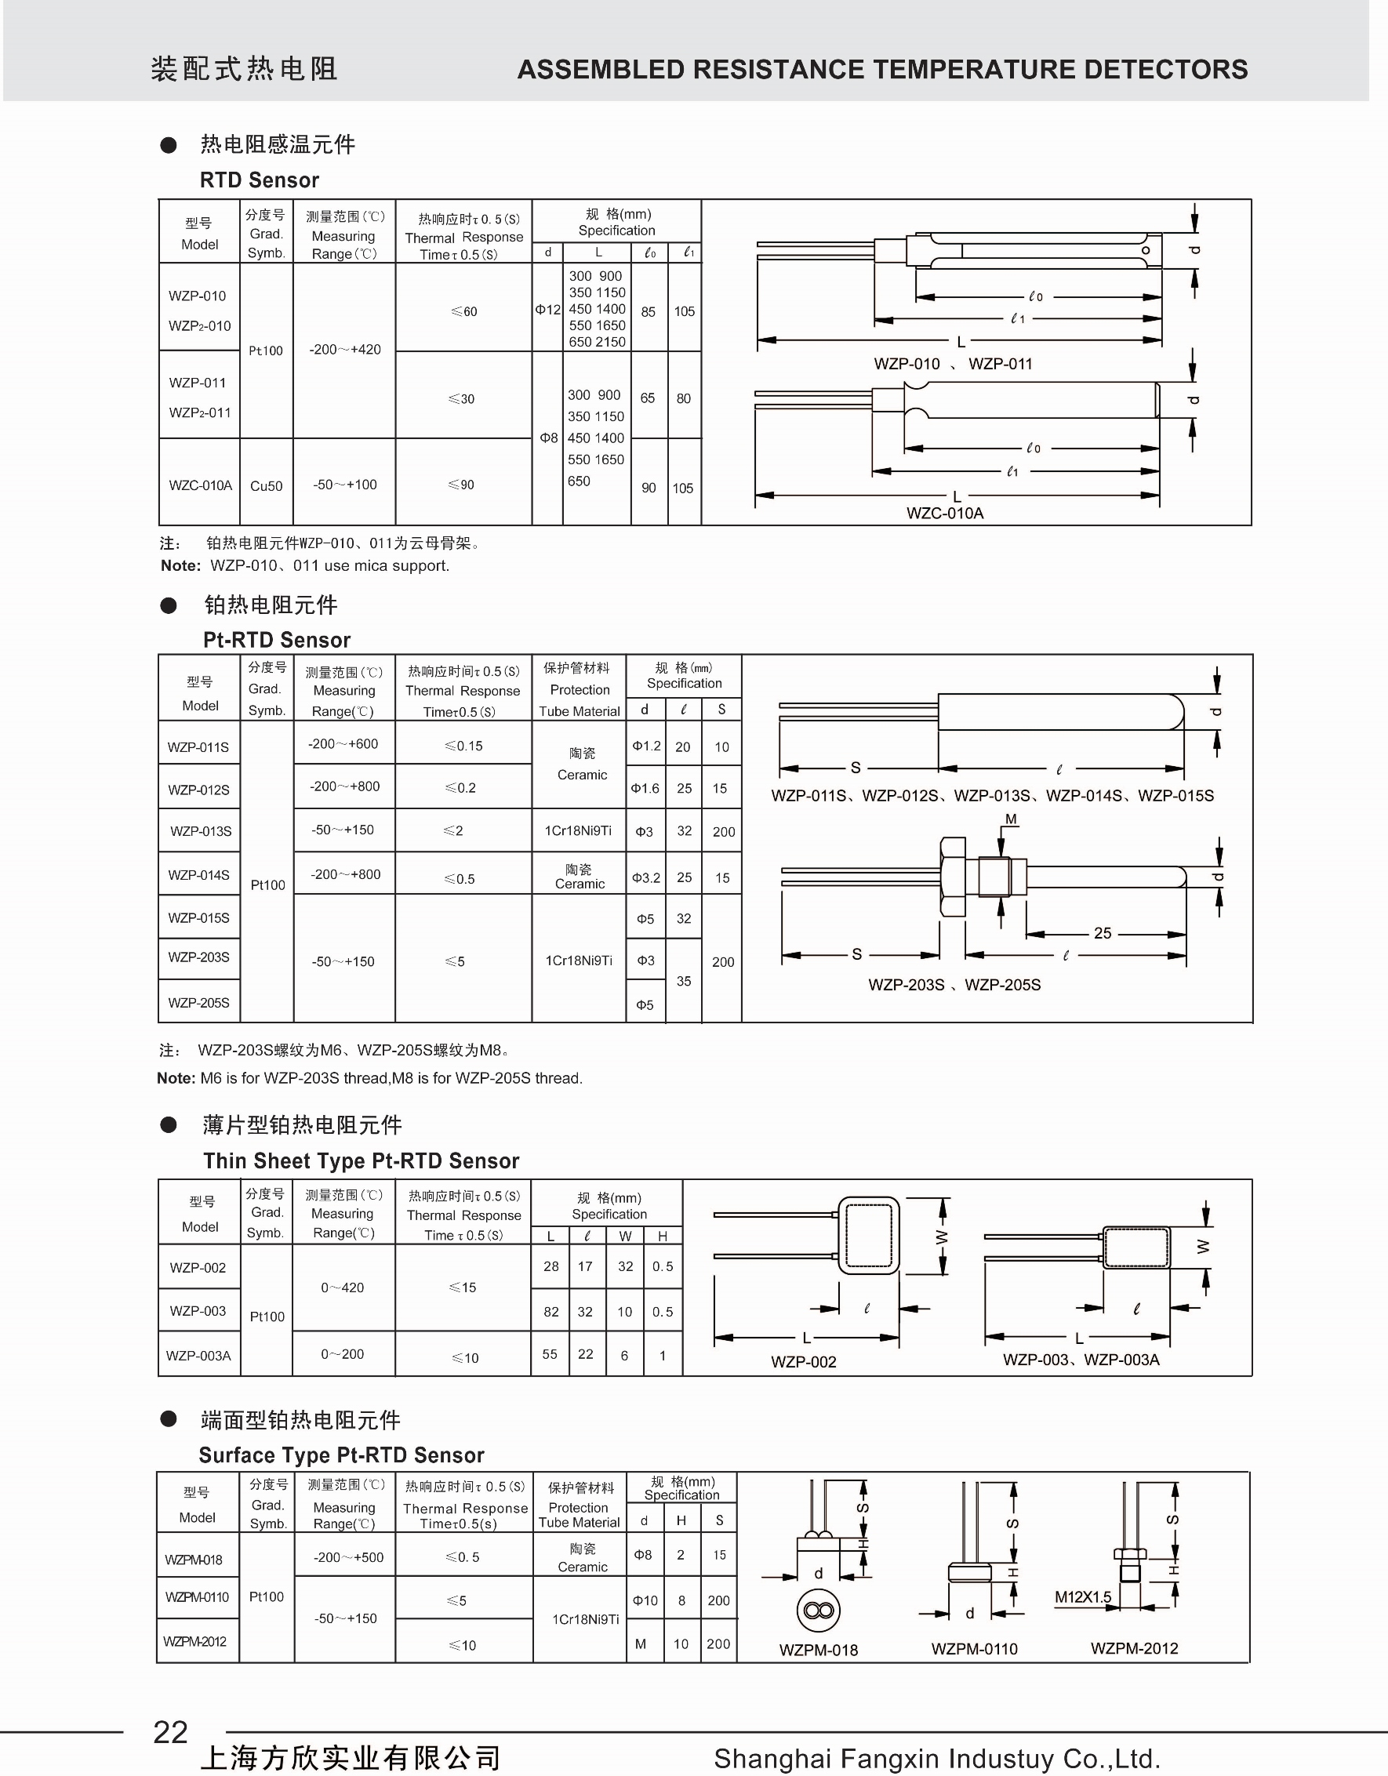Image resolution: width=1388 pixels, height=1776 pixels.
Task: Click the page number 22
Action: pos(170,1733)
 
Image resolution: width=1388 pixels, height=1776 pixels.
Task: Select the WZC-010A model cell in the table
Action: pos(200,485)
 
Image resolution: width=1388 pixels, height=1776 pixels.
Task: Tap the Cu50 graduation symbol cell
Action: pos(266,485)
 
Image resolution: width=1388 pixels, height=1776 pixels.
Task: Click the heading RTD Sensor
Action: pos(260,180)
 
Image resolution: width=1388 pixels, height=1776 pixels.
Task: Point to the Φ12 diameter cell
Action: pos(547,310)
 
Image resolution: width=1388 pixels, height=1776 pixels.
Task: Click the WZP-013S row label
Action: pos(200,831)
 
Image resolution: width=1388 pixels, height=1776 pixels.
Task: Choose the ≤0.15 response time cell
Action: pos(463,746)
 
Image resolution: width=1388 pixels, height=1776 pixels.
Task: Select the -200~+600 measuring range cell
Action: pos(343,744)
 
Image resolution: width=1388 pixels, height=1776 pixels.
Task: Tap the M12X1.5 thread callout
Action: pos(1082,1597)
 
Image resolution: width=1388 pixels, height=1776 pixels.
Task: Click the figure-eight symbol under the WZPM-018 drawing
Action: pos(818,1611)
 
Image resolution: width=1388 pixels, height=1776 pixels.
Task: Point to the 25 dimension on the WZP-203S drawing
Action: pos(1102,934)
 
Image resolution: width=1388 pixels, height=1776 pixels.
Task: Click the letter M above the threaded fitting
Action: pos(1011,819)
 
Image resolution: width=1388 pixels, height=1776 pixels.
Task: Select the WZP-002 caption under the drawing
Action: pos(803,1362)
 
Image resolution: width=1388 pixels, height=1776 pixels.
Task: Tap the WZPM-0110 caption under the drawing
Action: pos(974,1649)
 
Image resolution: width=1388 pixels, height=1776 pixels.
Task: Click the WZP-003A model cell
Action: pos(198,1356)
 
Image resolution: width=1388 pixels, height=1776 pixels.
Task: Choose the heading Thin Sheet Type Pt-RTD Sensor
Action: pos(361,1160)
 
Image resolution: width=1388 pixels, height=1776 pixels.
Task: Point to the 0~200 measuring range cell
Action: pos(343,1354)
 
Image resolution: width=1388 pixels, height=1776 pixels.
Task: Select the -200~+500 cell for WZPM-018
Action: pos(348,1557)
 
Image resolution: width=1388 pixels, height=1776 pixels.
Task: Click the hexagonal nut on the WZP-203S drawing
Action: pos(952,877)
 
